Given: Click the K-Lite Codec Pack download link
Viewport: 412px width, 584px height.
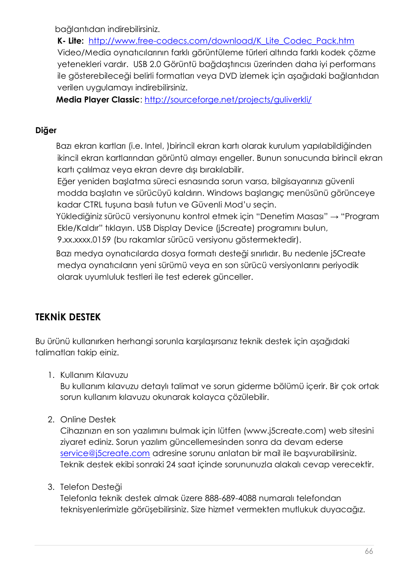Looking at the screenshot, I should coord(221,41).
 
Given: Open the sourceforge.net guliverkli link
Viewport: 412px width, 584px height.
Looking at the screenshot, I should coord(228,99).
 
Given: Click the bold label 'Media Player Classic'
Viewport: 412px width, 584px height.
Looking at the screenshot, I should coord(98,99).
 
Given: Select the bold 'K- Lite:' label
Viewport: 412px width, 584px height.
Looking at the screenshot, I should coord(70,41).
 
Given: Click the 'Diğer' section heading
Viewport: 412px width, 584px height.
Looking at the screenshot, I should coord(46,130).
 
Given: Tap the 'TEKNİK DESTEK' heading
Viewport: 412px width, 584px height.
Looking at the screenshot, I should coord(68,317).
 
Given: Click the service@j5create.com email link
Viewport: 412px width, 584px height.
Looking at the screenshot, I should coord(105,453).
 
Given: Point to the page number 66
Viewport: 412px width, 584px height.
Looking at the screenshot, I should coord(369,551).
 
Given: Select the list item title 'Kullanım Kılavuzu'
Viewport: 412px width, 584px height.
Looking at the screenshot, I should coord(94,375).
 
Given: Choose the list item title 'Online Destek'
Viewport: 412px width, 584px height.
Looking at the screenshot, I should coord(88,419).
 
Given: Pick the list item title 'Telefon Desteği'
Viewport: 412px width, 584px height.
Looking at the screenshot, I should coord(91,487).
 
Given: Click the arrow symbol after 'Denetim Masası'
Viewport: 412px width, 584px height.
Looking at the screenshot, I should coord(334,217).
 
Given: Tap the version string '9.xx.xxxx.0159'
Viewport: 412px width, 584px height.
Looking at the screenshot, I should coord(84,239).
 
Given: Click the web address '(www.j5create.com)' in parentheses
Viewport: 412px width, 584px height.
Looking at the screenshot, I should coord(285,431).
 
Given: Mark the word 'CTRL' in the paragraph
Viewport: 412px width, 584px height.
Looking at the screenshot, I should coord(93,204).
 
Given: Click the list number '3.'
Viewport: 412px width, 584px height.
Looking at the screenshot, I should coord(51,487).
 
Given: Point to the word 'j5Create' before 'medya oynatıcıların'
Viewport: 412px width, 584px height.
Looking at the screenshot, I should coord(348,253).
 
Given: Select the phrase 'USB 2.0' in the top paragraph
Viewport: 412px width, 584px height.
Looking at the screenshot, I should coord(146,64).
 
